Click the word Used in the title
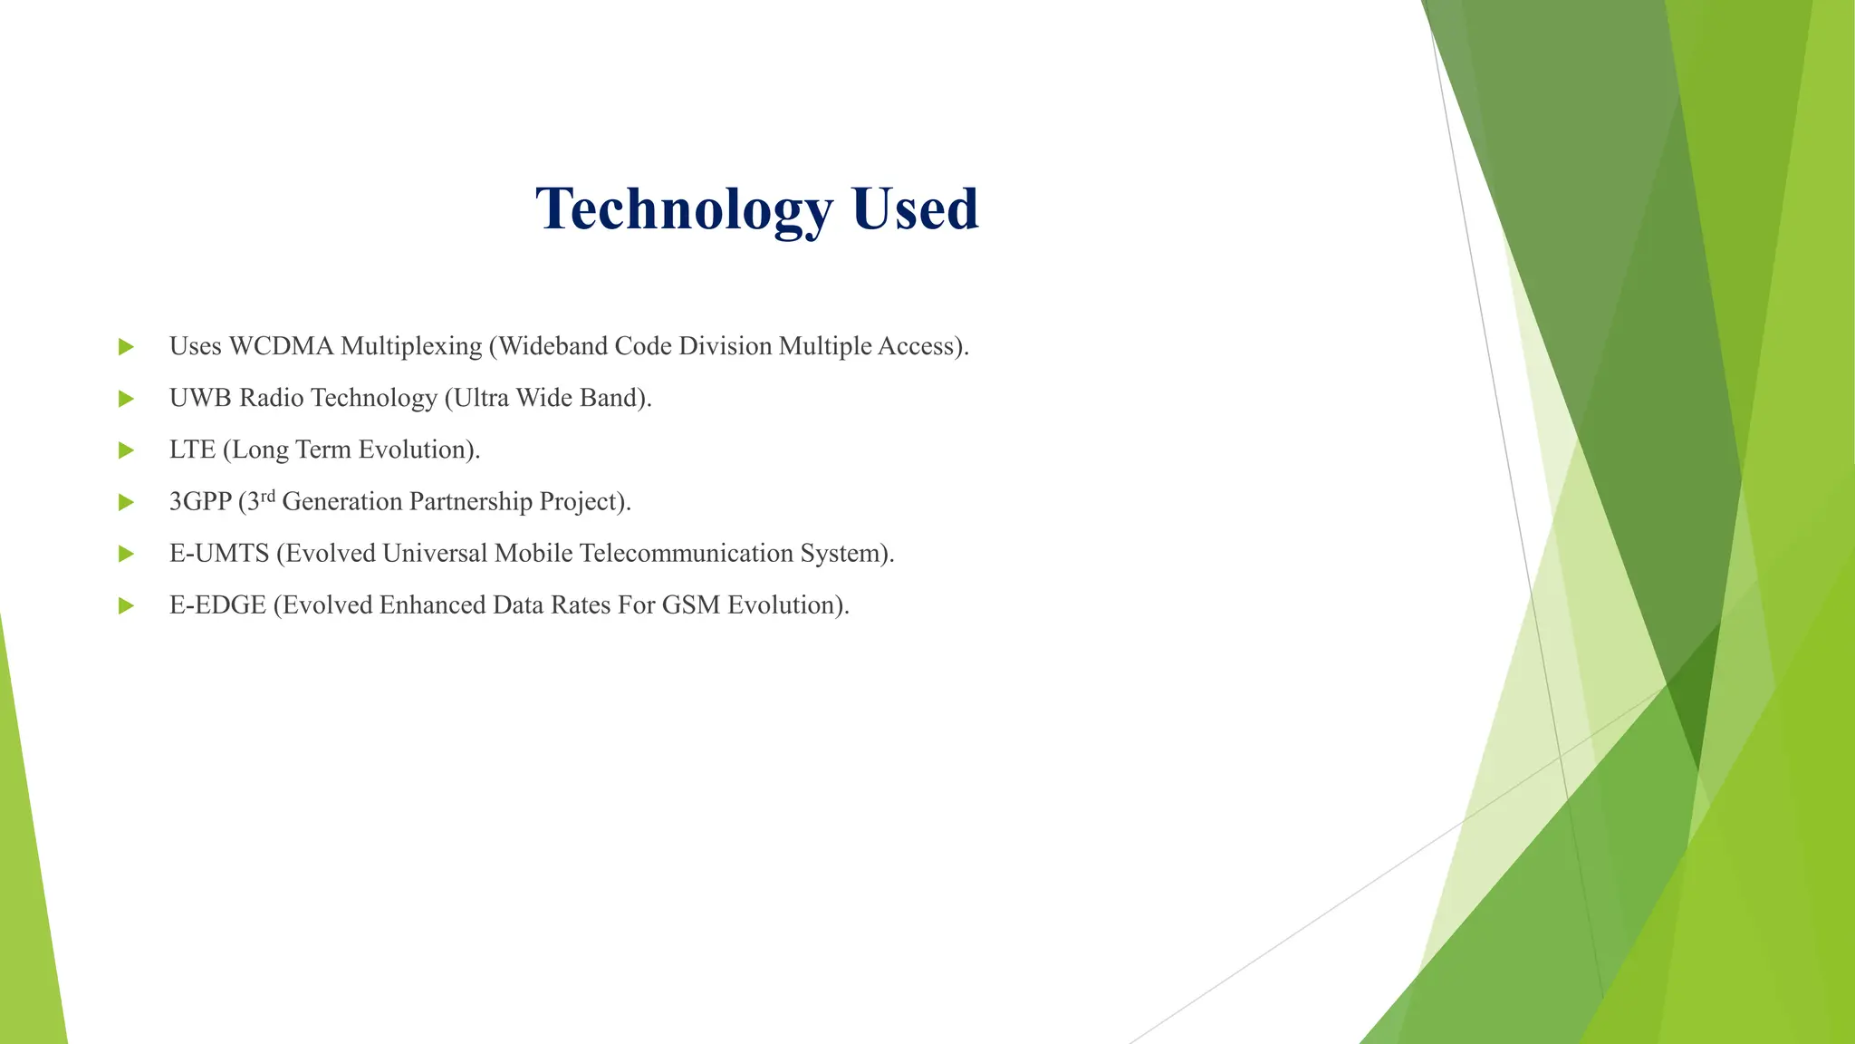915,209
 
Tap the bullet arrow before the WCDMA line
127,347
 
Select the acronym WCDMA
281,346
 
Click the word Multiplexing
411,346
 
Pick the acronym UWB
200,398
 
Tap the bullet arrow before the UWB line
127,399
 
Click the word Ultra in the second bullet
480,398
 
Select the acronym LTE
192,449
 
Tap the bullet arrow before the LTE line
127,450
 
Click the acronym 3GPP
200,501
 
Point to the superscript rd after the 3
267,496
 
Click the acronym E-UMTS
219,553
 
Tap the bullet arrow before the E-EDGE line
127,605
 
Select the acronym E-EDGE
217,604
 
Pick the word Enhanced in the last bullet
432,604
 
